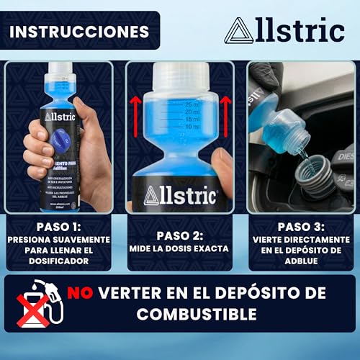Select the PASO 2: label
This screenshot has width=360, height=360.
[x=180, y=234]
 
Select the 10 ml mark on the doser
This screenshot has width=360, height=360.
[x=192, y=127]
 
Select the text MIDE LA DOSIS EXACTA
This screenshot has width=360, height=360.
[x=180, y=248]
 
